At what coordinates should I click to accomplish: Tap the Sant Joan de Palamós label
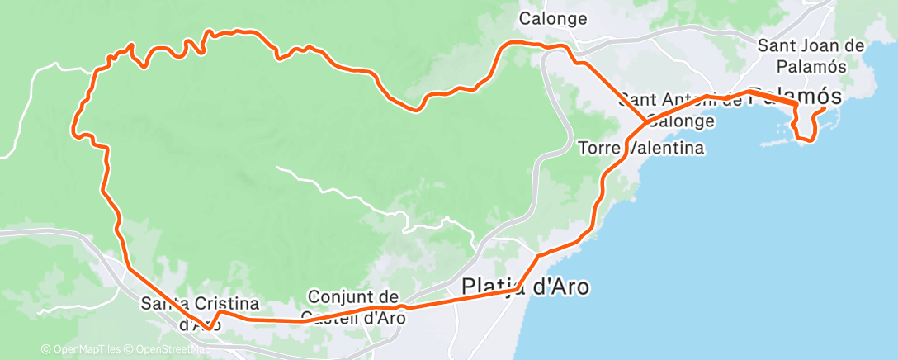[811, 54]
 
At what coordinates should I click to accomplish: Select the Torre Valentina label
[641, 149]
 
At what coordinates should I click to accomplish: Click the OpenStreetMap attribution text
[173, 349]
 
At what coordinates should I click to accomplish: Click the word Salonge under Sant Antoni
[682, 121]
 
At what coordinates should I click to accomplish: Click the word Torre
[600, 149]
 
